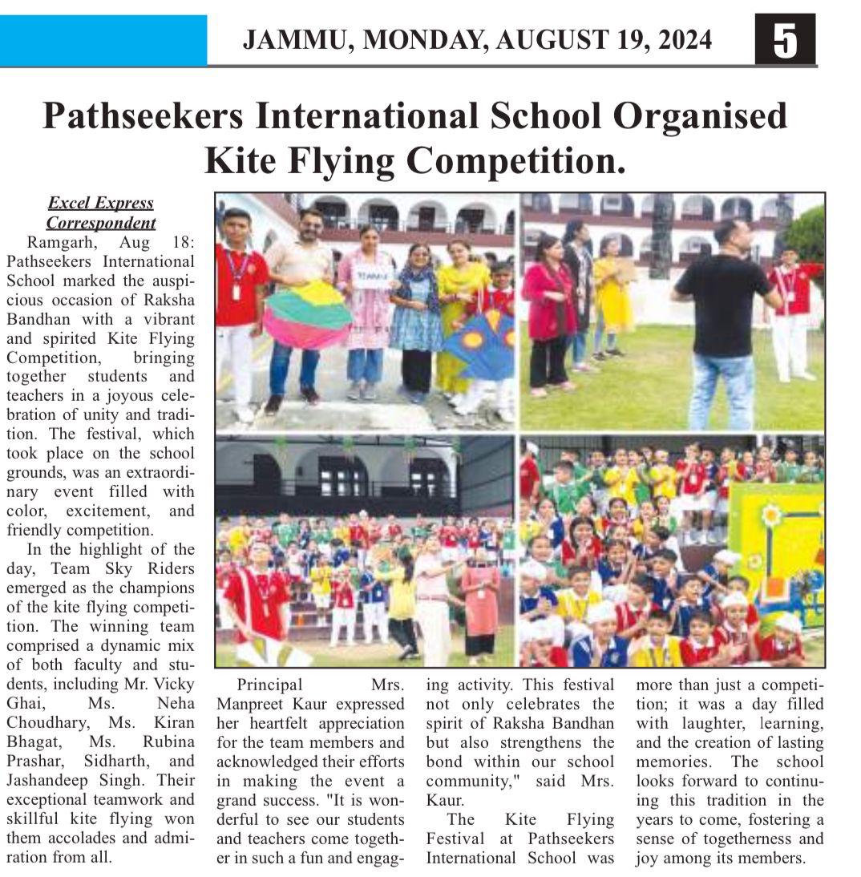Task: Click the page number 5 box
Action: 784,40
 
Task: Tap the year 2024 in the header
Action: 683,40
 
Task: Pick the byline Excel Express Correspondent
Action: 101,212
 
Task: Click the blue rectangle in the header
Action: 103,40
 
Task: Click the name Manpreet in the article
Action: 253,703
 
